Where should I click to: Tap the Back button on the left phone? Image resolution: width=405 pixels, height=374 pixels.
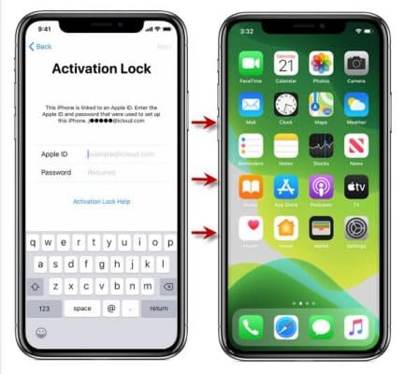pos(40,46)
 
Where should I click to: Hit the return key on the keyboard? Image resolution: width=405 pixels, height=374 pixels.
pos(158,308)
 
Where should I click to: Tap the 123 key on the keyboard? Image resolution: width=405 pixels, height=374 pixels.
pos(44,308)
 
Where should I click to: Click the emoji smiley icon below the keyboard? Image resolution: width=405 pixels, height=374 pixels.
pos(42,333)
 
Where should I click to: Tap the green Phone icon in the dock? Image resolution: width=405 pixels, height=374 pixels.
pos(250,326)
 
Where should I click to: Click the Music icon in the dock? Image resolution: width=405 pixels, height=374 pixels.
pos(356,326)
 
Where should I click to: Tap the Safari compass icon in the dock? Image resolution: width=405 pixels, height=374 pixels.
pos(285,326)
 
